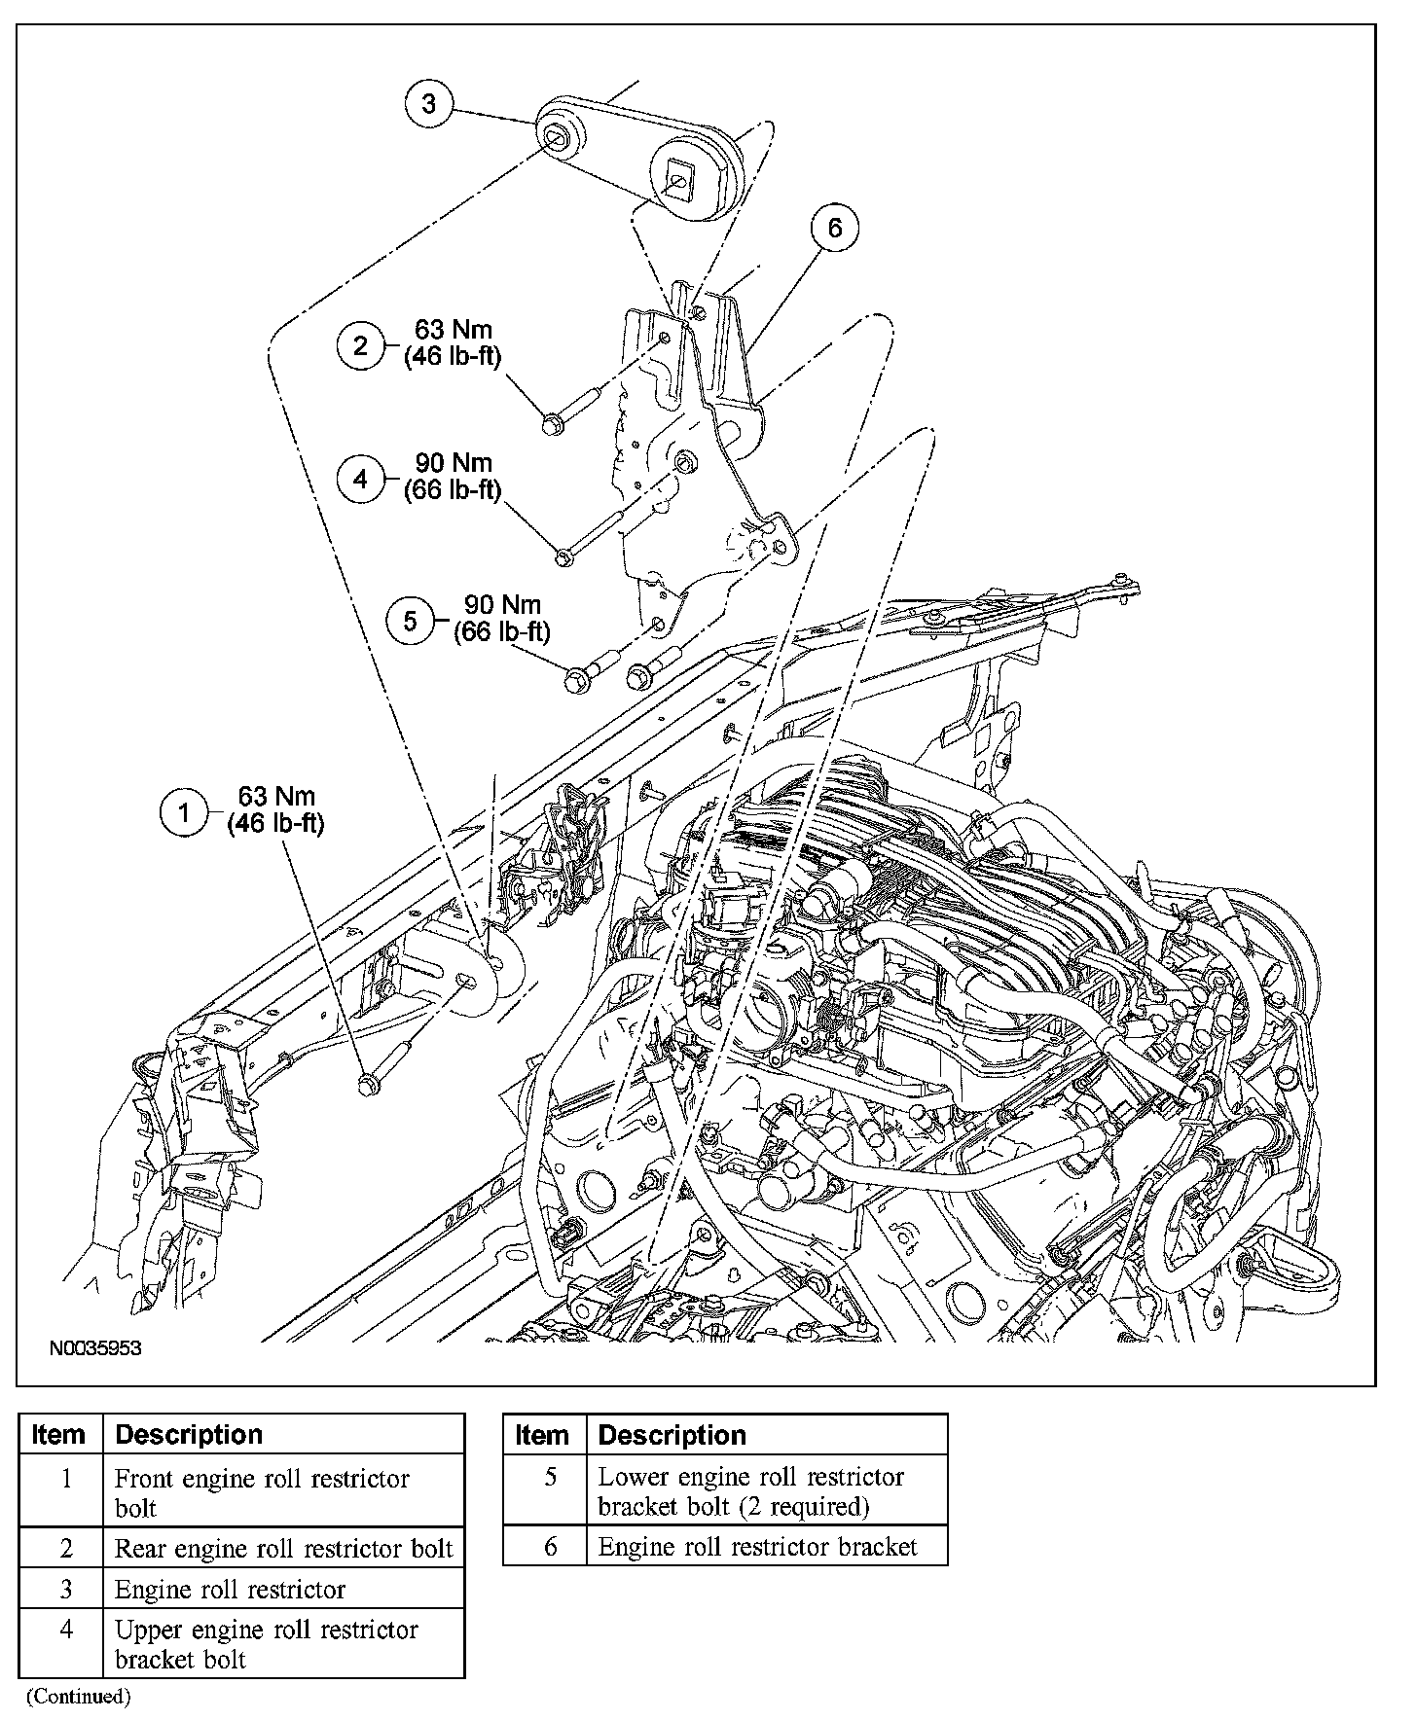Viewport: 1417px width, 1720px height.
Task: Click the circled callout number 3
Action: [429, 103]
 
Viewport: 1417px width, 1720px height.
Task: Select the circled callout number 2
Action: [361, 345]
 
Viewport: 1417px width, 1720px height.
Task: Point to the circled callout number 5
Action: [410, 620]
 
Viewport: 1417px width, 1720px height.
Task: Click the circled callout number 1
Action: [183, 810]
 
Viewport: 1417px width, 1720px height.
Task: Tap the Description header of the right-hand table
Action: [672, 1435]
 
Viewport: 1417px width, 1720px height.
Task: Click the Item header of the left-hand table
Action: [58, 1435]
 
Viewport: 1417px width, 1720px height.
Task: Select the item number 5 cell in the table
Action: [551, 1477]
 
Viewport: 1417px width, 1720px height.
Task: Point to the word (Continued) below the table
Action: [78, 1697]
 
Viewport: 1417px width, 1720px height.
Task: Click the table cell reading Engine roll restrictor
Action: [231, 1590]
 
